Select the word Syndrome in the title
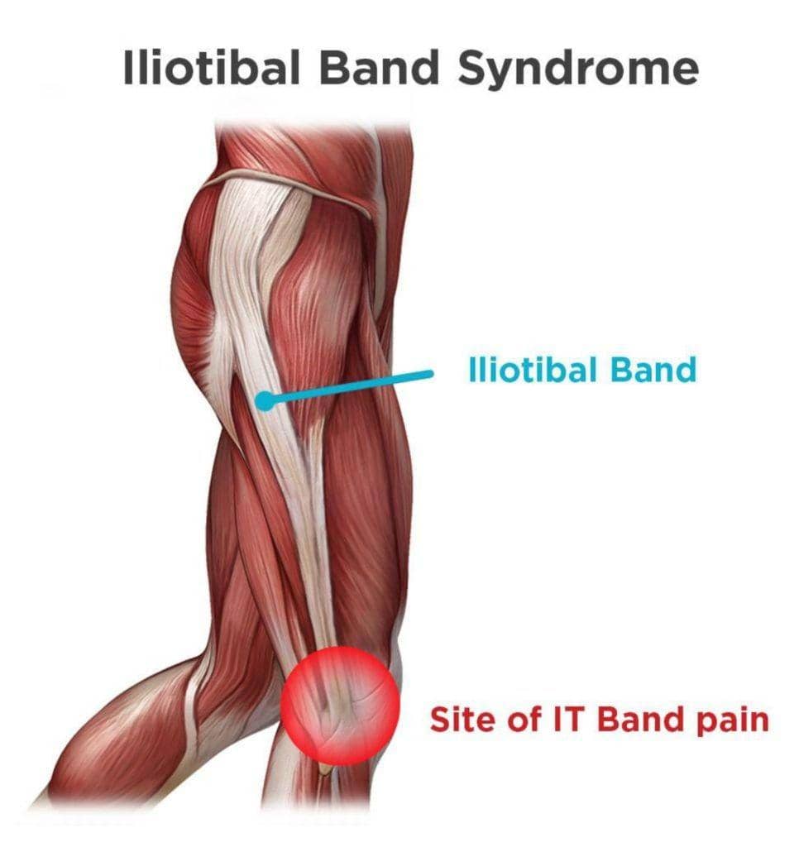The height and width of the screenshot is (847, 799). (577, 71)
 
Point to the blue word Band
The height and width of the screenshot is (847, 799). (653, 370)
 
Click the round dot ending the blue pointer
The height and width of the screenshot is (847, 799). (264, 401)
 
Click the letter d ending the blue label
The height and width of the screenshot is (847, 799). (686, 370)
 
